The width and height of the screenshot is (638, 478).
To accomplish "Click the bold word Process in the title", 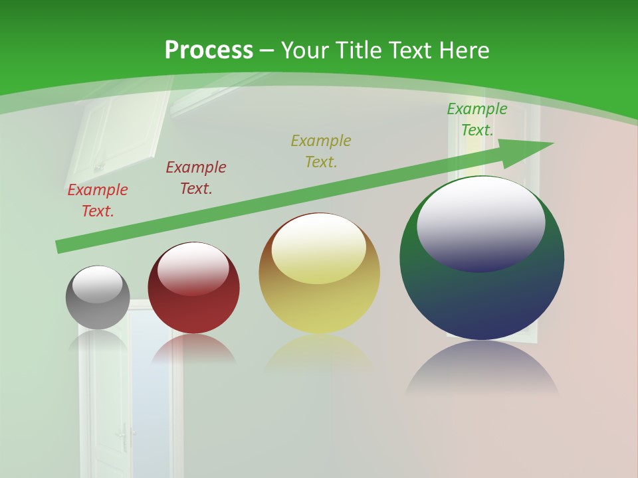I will pos(209,50).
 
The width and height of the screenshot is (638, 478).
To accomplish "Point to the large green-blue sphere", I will pos(482,299).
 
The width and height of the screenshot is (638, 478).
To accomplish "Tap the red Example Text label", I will pos(98,200).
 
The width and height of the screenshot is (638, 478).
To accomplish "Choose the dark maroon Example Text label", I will pos(196,178).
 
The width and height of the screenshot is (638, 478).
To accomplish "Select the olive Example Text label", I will pos(321,151).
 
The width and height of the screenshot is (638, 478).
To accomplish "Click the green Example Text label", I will pos(477,119).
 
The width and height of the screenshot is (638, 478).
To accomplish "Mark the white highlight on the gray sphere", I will pos(98,284).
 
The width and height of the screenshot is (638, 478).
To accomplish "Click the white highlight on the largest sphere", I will pos(481,222).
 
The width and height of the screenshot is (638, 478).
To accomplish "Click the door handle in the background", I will pos(124,437).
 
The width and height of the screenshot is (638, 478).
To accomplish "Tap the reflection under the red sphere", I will pos(193,351).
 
